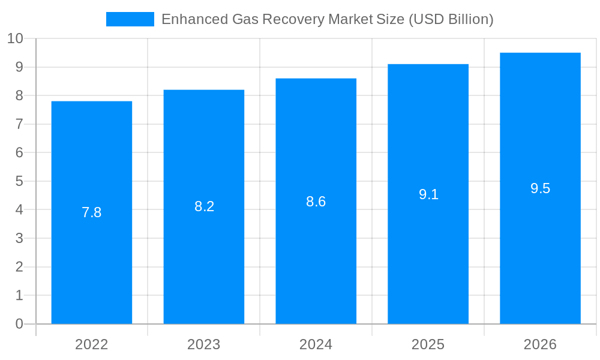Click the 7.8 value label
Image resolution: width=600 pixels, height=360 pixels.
[92, 212]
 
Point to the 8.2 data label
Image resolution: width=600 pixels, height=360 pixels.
[204, 206]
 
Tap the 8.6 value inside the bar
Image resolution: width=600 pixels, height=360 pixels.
[316, 202]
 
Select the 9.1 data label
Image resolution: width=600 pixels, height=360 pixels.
[428, 194]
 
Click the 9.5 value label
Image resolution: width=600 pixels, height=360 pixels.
[540, 188]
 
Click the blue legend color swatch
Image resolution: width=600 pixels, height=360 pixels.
[130, 19]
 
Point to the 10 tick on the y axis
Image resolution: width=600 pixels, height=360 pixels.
[15, 38]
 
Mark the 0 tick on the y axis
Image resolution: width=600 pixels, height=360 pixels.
[19, 324]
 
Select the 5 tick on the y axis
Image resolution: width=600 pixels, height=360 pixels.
[19, 181]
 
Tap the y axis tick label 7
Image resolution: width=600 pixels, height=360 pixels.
[19, 124]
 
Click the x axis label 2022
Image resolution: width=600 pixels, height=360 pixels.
[92, 344]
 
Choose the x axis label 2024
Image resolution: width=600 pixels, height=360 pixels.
[316, 344]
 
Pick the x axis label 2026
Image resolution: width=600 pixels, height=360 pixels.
[540, 344]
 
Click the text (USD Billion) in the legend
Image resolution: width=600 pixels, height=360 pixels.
[451, 19]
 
